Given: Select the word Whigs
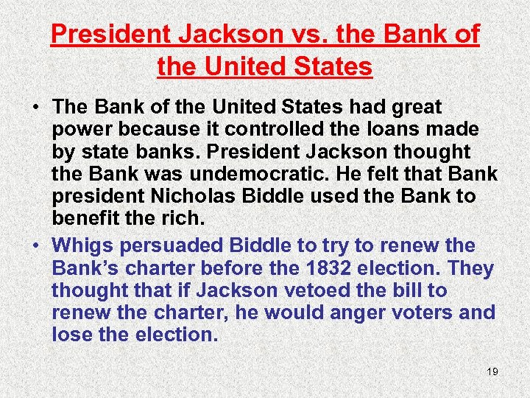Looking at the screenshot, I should click(82, 245).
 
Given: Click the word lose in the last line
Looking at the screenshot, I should click(74, 335).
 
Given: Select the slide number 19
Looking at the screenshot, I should click(492, 371).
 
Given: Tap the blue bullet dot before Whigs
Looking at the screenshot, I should click(35, 245).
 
